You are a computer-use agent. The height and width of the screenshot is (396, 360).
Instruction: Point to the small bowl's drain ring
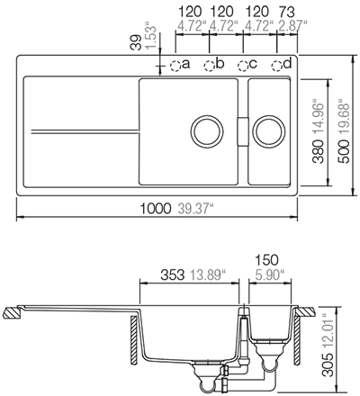(255, 131)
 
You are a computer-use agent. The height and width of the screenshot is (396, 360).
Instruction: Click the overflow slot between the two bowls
(243, 131)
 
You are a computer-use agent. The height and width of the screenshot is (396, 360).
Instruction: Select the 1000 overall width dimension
(156, 209)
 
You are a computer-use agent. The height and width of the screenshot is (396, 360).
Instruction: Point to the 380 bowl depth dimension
(319, 152)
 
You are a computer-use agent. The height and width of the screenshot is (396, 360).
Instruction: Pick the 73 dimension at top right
(286, 12)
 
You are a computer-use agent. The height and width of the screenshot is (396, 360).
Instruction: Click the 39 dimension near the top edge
(136, 42)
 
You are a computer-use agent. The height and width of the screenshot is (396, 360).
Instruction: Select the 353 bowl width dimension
(172, 274)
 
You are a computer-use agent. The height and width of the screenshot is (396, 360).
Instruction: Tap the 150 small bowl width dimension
(266, 260)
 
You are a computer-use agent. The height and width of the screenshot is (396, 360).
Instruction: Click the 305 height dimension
(329, 364)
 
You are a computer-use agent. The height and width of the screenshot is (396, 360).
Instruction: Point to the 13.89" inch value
(208, 274)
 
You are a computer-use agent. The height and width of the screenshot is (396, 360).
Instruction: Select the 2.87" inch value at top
(292, 25)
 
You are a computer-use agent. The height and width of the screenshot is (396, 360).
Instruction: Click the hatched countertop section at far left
(12, 313)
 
